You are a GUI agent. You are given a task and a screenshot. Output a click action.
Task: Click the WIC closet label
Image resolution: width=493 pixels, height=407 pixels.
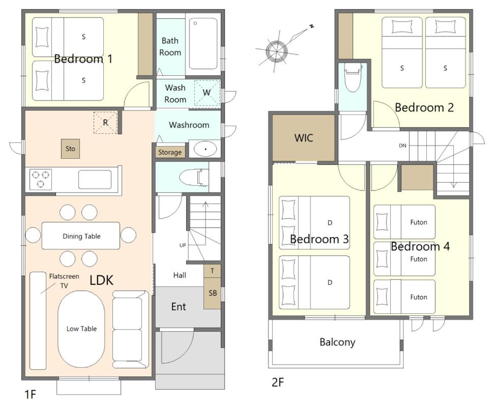303,138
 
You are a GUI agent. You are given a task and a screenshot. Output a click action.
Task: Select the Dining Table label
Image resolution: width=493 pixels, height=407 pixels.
81,236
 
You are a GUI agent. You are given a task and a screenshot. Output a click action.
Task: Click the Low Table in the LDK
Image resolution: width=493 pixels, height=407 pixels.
81,329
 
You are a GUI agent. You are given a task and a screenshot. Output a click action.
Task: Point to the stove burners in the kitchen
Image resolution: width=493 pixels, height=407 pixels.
41,180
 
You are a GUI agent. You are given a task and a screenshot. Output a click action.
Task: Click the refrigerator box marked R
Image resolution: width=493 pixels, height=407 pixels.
105,123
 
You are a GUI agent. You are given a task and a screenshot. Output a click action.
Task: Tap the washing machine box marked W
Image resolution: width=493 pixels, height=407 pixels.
207,93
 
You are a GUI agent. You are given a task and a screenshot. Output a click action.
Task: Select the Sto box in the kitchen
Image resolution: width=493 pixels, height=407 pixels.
70,149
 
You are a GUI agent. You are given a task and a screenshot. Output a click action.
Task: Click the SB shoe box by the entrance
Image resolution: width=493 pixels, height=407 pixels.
213,293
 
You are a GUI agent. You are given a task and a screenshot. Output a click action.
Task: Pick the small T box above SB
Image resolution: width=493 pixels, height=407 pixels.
212,271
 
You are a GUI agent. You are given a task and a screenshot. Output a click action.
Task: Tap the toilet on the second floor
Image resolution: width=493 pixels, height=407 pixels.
353,77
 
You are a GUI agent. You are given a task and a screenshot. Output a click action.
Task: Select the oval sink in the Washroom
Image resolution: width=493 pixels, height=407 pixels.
206,149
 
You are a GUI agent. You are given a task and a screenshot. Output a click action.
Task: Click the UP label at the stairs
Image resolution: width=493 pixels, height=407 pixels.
183,245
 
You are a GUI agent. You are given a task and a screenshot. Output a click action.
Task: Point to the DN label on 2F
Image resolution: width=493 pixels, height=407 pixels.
402,146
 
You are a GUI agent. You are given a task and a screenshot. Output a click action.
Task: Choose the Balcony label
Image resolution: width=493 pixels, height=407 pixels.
337,342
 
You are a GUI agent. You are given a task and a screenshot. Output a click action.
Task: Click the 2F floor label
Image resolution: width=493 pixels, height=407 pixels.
278,382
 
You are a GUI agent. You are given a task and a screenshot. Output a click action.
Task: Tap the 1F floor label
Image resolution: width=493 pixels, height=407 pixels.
30,394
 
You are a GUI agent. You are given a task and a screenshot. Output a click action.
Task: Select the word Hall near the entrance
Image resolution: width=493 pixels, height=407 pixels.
180,275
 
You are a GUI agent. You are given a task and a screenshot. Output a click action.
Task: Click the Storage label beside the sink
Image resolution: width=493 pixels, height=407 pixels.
170,153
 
